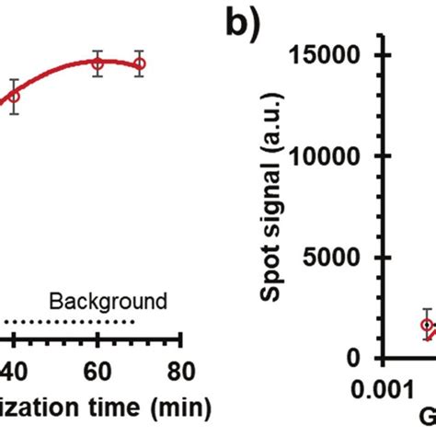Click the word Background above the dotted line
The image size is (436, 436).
coord(108,301)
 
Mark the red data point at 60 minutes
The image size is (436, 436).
coord(98,63)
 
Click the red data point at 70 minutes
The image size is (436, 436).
coord(139,63)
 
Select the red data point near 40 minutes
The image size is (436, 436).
coord(14,96)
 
